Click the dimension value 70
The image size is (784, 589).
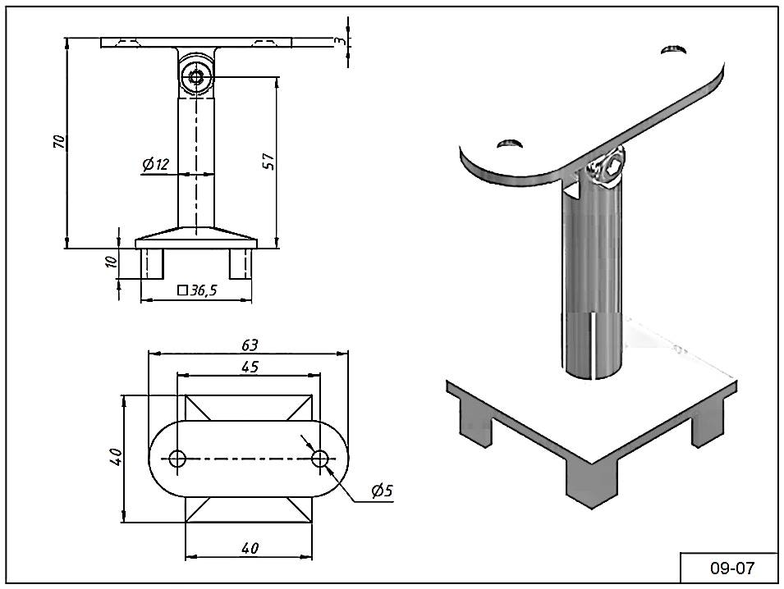(58, 141)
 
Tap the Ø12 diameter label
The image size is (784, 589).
(154, 165)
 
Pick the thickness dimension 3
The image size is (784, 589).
(338, 41)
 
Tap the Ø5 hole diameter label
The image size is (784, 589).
(382, 491)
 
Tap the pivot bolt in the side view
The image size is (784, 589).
(197, 77)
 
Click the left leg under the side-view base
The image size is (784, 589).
(153, 262)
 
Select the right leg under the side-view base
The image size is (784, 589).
(240, 262)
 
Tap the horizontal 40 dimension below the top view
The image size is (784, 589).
(250, 547)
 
